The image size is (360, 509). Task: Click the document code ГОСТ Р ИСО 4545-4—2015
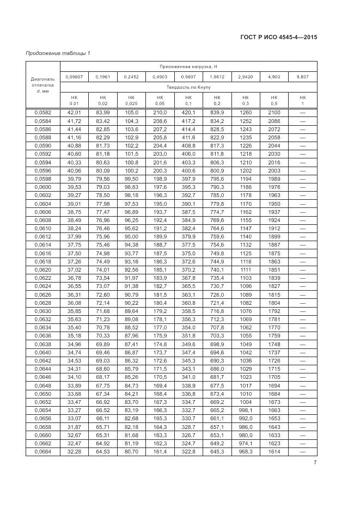click(x=278, y=38)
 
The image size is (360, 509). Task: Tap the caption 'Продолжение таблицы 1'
click(x=58, y=53)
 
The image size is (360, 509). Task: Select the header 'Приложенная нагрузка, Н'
click(x=188, y=66)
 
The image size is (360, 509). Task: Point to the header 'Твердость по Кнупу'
click(x=188, y=87)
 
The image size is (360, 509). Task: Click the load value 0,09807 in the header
click(x=74, y=77)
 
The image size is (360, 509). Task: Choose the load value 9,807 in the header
click(x=303, y=77)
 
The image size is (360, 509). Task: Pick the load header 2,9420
click(x=246, y=77)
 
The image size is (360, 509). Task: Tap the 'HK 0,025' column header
click(x=131, y=100)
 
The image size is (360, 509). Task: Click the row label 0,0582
click(x=42, y=113)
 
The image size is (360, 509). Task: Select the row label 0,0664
click(x=42, y=451)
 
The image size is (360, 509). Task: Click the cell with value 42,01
click(x=74, y=113)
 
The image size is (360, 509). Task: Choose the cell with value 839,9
click(x=217, y=113)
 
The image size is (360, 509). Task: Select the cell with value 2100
click(x=274, y=113)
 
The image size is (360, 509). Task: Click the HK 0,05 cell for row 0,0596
click(x=160, y=170)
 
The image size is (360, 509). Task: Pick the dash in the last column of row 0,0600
click(x=303, y=187)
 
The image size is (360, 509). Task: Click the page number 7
click(x=315, y=463)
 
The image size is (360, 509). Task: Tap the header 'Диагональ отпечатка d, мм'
click(x=42, y=84)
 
